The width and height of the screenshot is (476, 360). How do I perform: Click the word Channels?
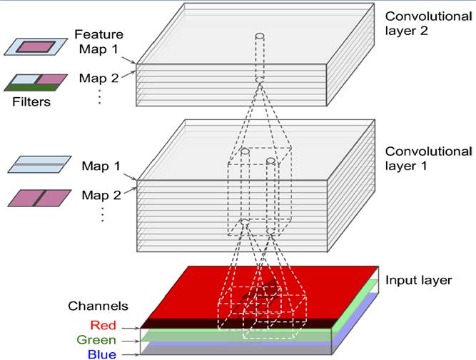pyautogui.click(x=98, y=306)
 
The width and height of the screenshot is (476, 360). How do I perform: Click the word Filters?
pyautogui.click(x=31, y=102)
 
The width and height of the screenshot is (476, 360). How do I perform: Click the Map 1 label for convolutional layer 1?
pyautogui.click(x=100, y=167)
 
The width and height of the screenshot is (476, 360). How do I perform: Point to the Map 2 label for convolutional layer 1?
pyautogui.click(x=100, y=194)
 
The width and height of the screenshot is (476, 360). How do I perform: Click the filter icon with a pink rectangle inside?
pyautogui.click(x=36, y=46)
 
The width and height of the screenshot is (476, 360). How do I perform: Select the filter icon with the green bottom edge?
pyautogui.click(x=36, y=82)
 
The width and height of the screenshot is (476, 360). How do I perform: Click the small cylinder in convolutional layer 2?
pyautogui.click(x=259, y=36)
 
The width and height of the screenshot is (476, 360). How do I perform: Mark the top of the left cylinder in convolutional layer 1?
pyautogui.click(x=245, y=153)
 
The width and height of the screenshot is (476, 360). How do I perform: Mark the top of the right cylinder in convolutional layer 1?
pyautogui.click(x=270, y=161)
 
